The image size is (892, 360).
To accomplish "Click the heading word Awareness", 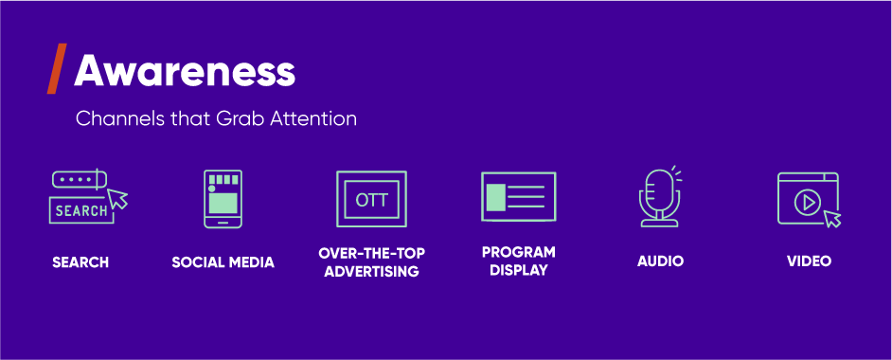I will point(185,71).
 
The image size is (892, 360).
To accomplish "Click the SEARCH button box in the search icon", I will point(80,210).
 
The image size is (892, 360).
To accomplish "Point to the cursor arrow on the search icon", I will point(118,199).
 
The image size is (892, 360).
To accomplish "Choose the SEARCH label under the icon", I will point(80,262).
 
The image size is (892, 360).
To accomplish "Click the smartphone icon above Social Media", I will point(223,198).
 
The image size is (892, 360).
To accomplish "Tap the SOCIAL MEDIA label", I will point(223,262).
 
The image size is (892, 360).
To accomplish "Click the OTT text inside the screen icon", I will point(371,200).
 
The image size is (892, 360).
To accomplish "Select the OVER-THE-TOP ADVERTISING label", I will point(371,262).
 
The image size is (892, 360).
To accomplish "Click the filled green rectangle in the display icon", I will point(496,196).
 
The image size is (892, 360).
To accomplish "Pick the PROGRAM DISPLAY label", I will point(518,261).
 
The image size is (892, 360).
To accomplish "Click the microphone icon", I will point(659,197).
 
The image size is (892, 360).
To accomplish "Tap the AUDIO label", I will point(660,261).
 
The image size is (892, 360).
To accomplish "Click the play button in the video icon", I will point(806,201).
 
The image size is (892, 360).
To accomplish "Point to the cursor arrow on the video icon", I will point(832,219).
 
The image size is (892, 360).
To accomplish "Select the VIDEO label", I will point(809,261).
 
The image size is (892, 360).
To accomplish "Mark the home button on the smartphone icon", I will point(223,224).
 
